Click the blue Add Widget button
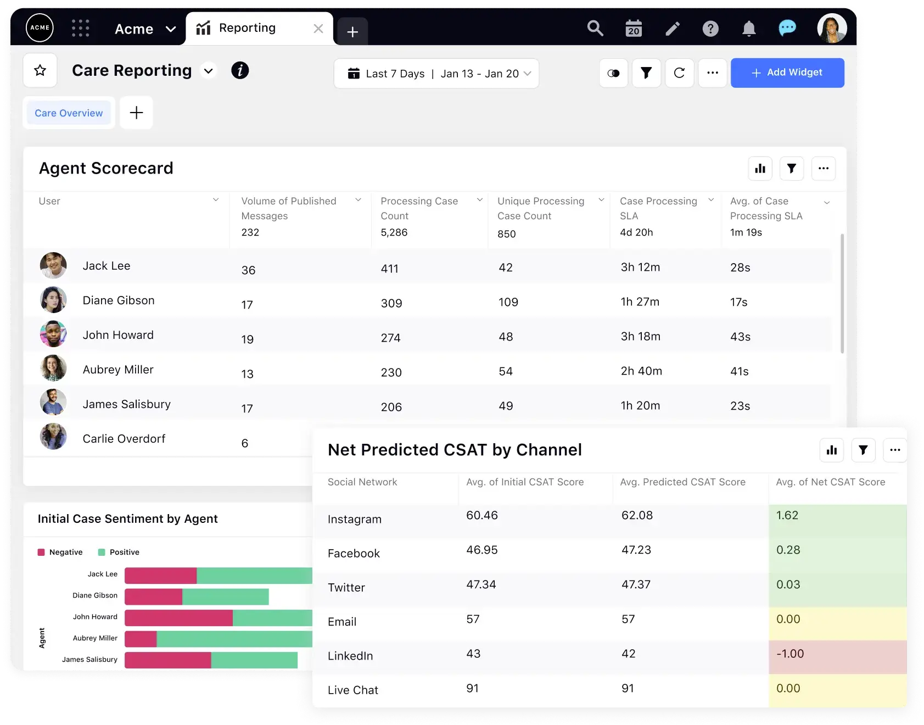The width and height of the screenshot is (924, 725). coord(787,72)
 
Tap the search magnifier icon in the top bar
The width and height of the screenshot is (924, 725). coord(595,28)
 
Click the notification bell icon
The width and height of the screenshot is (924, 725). coord(749,29)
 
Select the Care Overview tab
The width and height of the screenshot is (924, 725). coord(69,113)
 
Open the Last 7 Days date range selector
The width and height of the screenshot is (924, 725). coord(436,74)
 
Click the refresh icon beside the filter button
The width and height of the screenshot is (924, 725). coord(679,72)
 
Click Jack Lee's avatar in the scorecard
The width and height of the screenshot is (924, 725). coord(53,266)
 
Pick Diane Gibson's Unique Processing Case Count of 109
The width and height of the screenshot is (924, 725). coord(508,302)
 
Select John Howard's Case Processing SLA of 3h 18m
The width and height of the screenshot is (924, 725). coord(640,337)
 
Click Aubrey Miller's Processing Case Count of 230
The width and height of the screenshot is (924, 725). coord(391,372)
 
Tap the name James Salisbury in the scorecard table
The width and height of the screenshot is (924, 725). coord(126,404)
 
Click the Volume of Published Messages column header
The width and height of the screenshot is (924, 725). coord(289,208)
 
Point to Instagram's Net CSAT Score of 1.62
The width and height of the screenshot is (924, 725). coord(787,516)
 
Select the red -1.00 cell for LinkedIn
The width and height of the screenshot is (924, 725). coord(789,654)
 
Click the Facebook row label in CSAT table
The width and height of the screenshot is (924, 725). coord(354,554)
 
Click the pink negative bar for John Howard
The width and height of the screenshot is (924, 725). coord(178,618)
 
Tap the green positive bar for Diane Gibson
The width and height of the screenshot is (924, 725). coord(225,596)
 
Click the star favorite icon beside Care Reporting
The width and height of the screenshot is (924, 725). coord(40,70)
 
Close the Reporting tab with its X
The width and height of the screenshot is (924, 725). coord(318,29)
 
